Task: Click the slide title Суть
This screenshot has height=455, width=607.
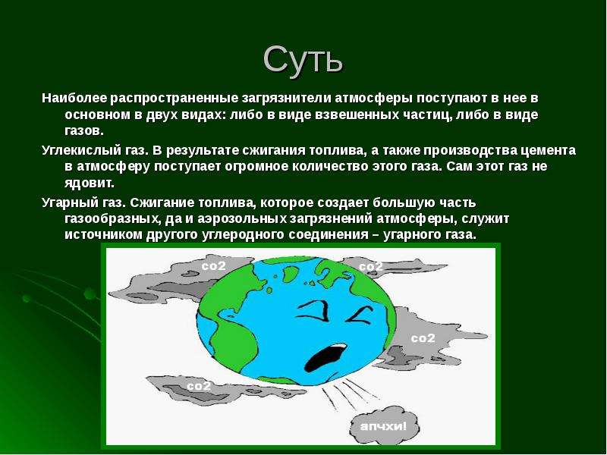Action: [x=303, y=60]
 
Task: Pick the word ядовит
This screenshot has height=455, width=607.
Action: [x=90, y=183]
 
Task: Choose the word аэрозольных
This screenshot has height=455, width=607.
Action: [x=241, y=219]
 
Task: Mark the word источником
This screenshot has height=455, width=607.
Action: [x=103, y=235]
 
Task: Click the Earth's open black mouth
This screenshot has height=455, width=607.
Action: [x=326, y=357]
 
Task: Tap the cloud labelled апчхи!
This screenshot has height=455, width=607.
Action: [x=384, y=425]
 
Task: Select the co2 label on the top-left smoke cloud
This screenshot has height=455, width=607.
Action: [x=213, y=266]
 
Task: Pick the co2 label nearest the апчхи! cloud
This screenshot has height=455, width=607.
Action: [x=423, y=338]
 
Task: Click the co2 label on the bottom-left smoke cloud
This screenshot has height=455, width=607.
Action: [x=199, y=386]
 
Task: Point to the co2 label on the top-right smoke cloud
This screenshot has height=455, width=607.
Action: [x=371, y=267]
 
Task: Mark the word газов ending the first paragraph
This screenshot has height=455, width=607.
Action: [x=84, y=131]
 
